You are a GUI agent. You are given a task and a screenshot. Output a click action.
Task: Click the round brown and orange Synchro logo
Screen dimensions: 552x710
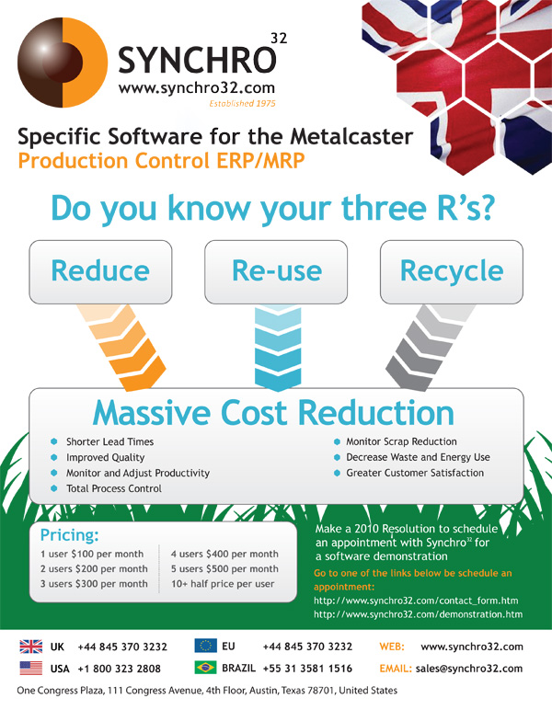[x=63, y=63]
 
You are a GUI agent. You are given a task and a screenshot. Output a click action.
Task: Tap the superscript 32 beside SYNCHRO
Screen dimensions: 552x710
[x=279, y=38]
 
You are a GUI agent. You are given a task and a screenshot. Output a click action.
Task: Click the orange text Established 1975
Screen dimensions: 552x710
[x=242, y=103]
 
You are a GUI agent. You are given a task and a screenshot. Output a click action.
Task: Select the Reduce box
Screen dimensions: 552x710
[x=100, y=271]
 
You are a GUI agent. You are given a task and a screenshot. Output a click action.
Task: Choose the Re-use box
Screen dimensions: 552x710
[x=276, y=271]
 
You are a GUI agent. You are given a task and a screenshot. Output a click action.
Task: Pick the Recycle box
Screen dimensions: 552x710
[x=452, y=271]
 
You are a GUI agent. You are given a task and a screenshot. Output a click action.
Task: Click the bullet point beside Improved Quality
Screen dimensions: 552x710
[x=54, y=457]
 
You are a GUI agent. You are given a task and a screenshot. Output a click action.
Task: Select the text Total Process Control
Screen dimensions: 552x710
[x=114, y=488]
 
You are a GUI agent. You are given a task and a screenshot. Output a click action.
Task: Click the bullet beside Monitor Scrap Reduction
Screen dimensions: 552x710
[x=337, y=441]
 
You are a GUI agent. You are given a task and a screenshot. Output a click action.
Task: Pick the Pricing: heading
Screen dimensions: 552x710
[x=69, y=535]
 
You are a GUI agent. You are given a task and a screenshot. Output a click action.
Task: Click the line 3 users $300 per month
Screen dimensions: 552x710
[x=94, y=584]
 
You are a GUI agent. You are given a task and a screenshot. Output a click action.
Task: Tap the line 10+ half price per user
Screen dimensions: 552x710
[x=223, y=584]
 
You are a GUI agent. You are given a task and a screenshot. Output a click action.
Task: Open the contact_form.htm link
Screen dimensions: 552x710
[x=416, y=601]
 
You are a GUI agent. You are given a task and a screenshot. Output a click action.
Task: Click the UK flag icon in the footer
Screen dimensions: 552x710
[x=30, y=647]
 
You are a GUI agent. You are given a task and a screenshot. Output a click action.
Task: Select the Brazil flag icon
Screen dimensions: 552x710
[x=205, y=668]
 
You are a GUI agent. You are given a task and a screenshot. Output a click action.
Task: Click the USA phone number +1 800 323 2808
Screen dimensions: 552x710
[x=119, y=669]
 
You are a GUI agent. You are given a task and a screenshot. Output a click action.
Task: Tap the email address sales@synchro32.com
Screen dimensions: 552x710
[x=469, y=669]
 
